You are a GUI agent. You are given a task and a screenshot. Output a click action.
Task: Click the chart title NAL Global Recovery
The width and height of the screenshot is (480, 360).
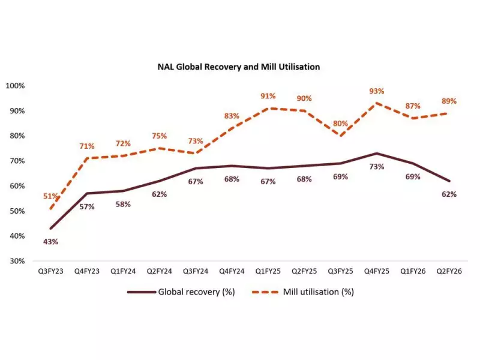tap(235, 67)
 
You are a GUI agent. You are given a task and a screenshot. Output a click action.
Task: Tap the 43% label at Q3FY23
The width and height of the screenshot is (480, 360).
tap(51, 242)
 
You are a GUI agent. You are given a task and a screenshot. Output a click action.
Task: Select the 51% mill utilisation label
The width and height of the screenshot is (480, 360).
tap(51, 196)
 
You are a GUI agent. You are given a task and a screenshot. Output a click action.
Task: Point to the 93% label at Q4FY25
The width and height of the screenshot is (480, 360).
tap(377, 91)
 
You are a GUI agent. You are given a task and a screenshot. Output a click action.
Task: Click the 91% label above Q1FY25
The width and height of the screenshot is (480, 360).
tap(268, 96)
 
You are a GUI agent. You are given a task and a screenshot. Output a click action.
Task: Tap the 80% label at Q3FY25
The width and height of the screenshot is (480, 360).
tap(341, 124)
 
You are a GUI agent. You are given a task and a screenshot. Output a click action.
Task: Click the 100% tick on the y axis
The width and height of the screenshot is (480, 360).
tap(15, 86)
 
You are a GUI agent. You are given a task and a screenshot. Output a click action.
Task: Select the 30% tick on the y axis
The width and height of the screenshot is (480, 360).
tap(17, 262)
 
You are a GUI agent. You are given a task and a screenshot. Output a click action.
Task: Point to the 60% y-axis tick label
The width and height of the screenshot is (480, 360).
tap(17, 186)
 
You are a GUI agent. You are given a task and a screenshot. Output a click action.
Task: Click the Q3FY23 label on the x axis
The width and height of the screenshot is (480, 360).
tap(51, 272)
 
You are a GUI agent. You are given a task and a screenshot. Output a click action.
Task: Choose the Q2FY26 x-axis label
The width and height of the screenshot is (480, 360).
tap(449, 272)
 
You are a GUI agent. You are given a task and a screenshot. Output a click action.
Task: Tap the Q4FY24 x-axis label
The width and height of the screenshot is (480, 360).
tap(232, 272)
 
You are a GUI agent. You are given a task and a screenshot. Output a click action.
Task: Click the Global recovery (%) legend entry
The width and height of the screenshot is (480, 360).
tap(181, 292)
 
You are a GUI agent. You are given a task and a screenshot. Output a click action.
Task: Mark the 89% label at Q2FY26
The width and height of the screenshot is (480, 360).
tap(449, 101)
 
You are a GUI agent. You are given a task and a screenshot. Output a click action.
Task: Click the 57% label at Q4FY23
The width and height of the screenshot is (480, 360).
tap(88, 206)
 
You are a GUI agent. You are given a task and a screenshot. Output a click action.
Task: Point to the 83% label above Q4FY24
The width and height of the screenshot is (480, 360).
tap(232, 116)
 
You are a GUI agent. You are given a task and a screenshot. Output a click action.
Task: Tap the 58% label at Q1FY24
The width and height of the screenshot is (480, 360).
tap(123, 204)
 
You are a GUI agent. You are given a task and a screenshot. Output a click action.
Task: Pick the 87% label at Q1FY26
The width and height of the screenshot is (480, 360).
tap(413, 106)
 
